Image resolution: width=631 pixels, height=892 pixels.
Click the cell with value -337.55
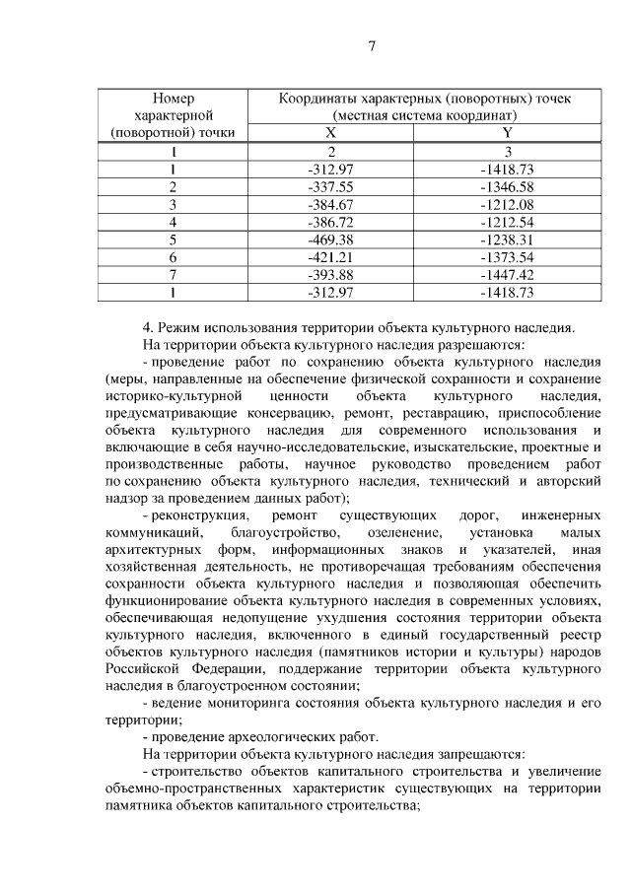pyautogui.click(x=331, y=186)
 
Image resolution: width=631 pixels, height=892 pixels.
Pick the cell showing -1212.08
pyautogui.click(x=506, y=204)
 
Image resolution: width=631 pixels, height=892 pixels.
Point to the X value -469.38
pyautogui.click(x=331, y=240)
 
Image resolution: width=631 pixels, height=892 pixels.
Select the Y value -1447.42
pyautogui.click(x=506, y=275)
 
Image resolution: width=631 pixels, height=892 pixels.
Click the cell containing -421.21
pyautogui.click(x=331, y=257)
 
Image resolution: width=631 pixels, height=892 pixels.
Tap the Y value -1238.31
pyautogui.click(x=506, y=240)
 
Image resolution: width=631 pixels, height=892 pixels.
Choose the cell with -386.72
pyautogui.click(x=331, y=222)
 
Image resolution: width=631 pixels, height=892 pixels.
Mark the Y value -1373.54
pyautogui.click(x=506, y=257)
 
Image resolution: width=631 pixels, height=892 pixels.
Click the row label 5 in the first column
pyautogui.click(x=174, y=240)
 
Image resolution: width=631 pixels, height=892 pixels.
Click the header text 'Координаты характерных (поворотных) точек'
pyautogui.click(x=424, y=99)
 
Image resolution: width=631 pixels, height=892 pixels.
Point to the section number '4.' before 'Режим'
pyautogui.click(x=148, y=327)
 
